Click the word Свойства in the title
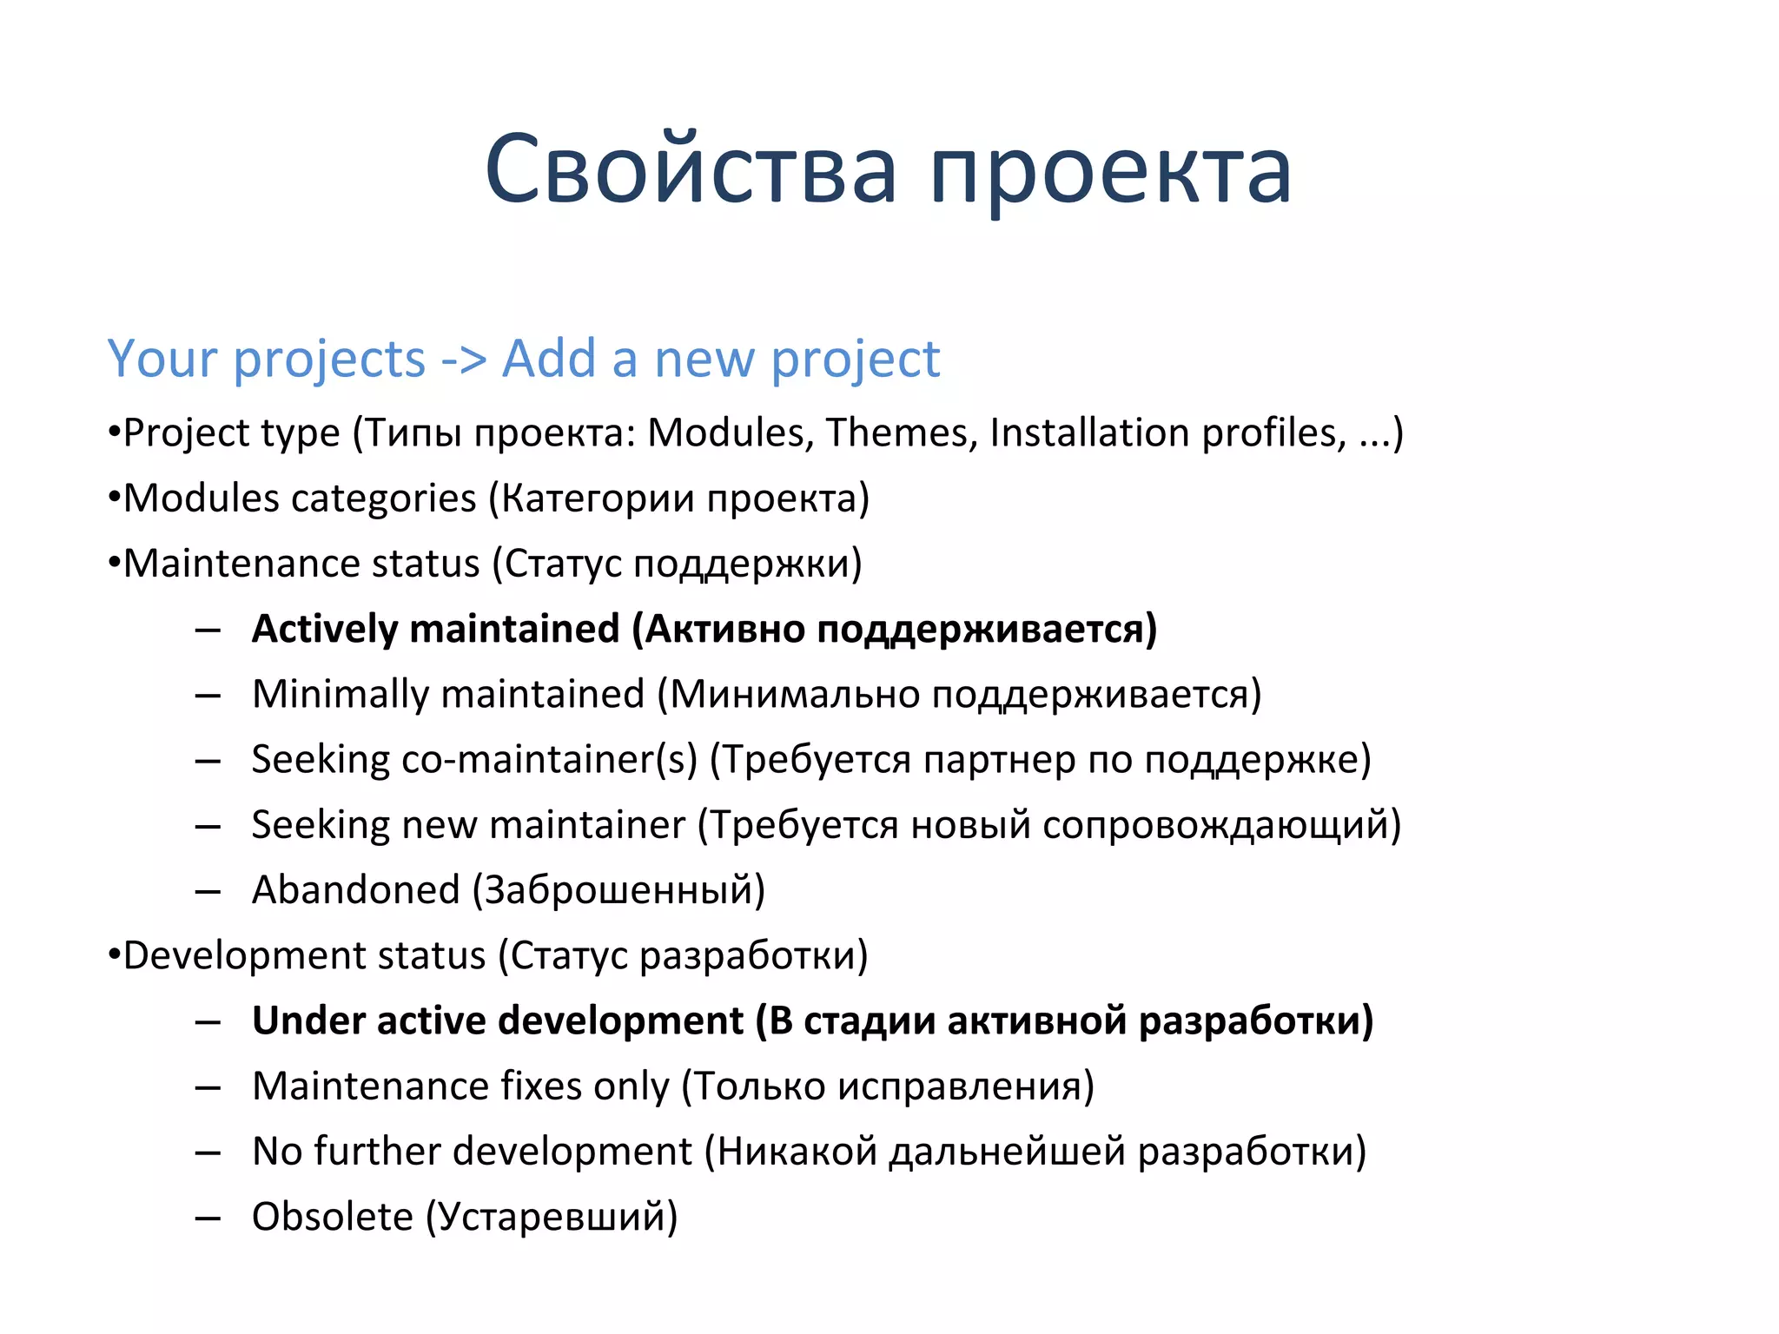click(691, 169)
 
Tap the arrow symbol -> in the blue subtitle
click(463, 360)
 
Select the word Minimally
click(341, 695)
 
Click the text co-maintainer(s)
click(549, 759)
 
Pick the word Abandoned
click(355, 890)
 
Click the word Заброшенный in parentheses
click(618, 890)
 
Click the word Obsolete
click(332, 1217)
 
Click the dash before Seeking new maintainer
click(208, 826)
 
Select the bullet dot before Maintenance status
click(113, 564)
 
